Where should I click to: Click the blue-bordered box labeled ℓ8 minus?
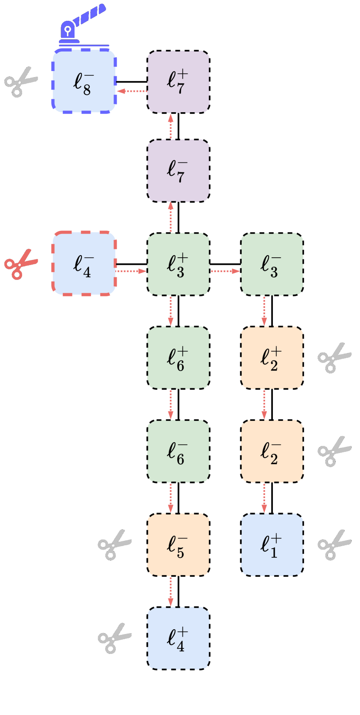84,81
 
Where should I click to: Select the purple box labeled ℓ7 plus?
178,82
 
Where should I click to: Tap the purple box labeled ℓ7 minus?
178,171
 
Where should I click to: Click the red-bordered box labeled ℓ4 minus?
84,264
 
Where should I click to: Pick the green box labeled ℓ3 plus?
178,264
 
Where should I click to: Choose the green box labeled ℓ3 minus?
272,264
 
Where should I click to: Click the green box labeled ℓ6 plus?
178,358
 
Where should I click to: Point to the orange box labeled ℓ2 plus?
272,358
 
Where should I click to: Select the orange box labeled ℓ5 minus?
178,545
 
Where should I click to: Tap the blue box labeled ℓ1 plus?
272,545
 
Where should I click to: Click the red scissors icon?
20,264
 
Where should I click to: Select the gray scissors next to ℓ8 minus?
20,81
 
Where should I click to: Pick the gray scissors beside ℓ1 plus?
334,545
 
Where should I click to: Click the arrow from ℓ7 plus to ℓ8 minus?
132,91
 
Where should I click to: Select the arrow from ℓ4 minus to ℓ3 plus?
132,271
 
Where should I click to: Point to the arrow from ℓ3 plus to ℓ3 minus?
225,271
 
